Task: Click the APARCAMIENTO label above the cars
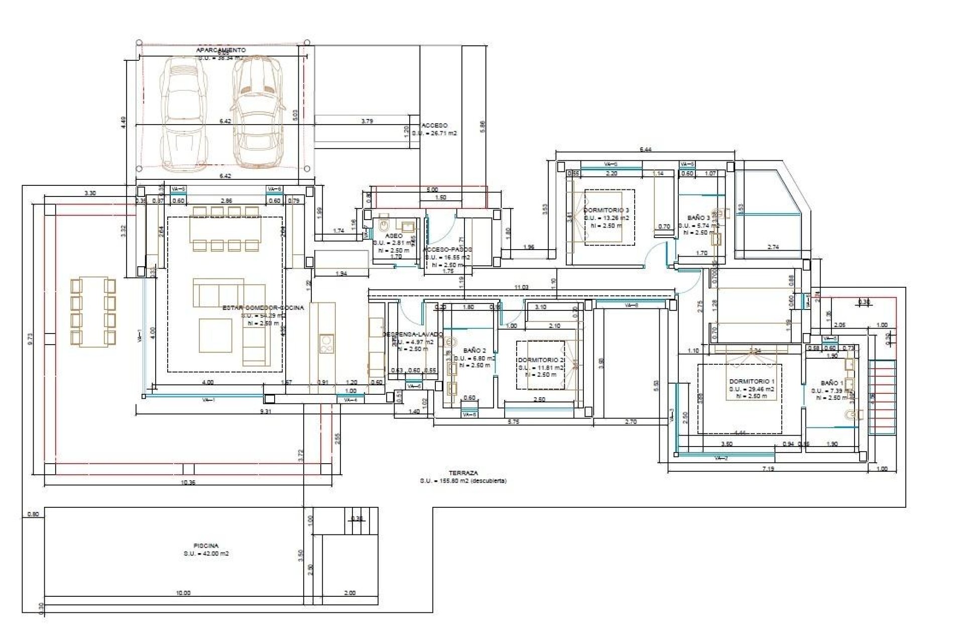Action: (221, 50)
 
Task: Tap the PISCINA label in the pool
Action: (206, 546)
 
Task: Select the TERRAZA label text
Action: (463, 473)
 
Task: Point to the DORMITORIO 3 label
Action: (606, 210)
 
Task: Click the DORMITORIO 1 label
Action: (752, 381)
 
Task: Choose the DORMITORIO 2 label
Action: (540, 360)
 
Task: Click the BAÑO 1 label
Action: (832, 383)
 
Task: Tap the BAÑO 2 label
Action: (474, 350)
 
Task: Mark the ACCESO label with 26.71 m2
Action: (435, 126)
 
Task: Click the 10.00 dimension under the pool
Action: (183, 593)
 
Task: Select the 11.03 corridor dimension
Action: (521, 287)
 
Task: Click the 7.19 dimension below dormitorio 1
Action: (768, 469)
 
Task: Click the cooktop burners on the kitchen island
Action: (326, 344)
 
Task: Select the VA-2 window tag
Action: (720, 458)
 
